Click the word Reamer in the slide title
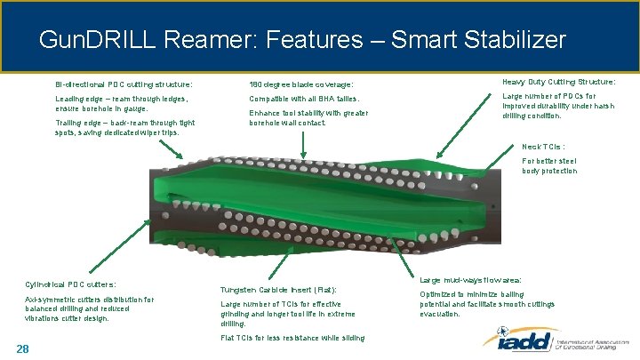click(201, 40)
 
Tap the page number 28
click(23, 348)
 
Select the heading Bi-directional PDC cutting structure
click(124, 85)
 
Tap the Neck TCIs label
click(543, 147)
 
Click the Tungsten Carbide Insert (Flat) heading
click(278, 291)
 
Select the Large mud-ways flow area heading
click(470, 280)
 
